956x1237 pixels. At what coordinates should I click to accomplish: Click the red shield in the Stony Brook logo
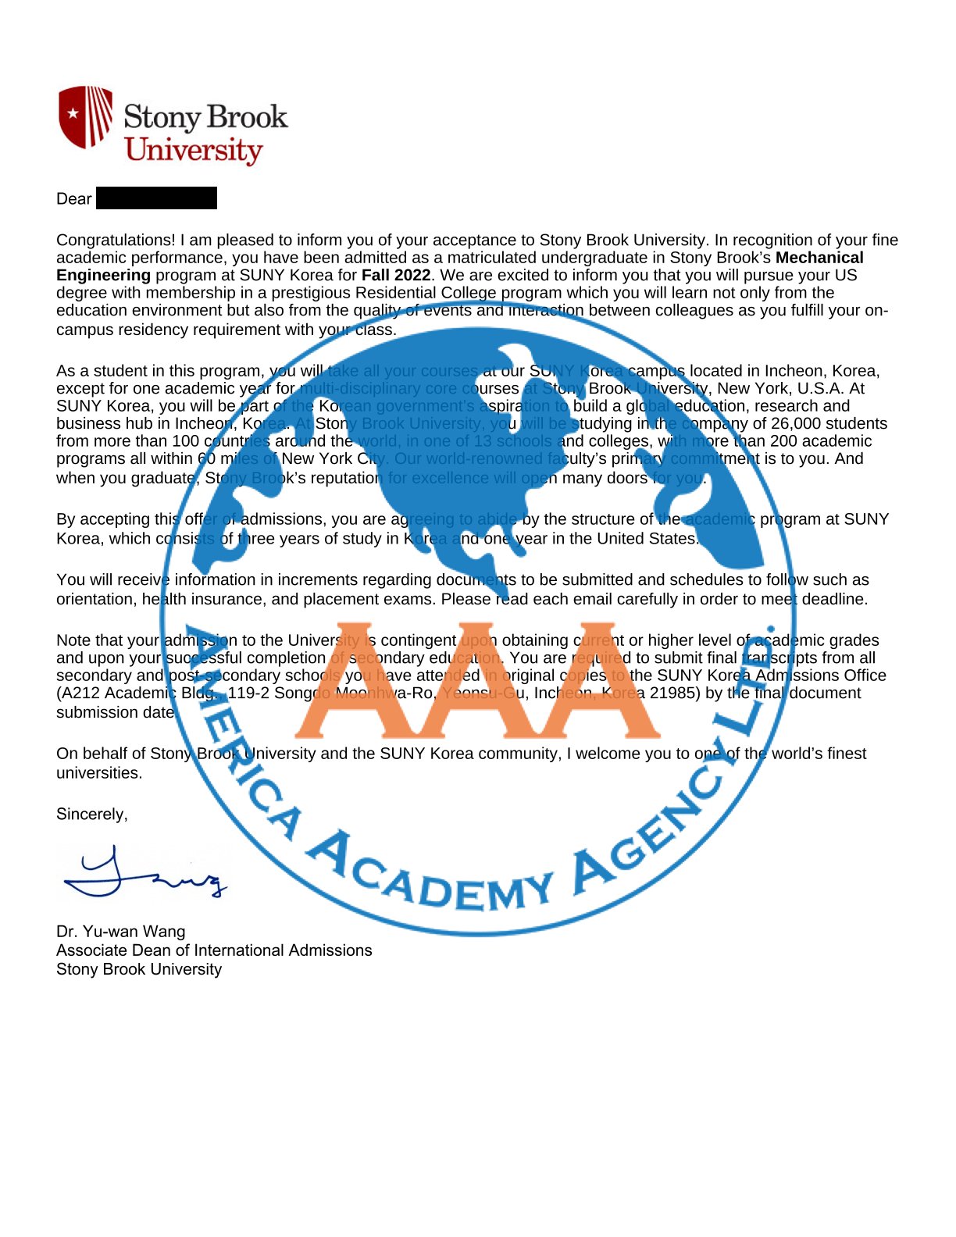[85, 116]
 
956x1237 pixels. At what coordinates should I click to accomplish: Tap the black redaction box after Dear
[156, 198]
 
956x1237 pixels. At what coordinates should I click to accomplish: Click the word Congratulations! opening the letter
[116, 241]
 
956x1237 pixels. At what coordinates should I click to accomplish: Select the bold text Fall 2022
[396, 276]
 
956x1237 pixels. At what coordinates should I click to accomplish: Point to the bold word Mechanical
[819, 258]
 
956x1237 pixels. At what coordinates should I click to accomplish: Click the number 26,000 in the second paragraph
[781, 424]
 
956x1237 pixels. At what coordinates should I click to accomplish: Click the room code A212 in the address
[80, 693]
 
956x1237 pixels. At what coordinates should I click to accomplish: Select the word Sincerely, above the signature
[92, 815]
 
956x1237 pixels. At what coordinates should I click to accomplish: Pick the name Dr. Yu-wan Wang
[121, 932]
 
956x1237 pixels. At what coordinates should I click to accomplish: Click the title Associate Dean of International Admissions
[214, 950]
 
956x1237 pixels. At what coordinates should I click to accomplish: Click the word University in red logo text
[194, 150]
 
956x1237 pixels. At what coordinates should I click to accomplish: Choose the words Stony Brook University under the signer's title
[139, 969]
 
